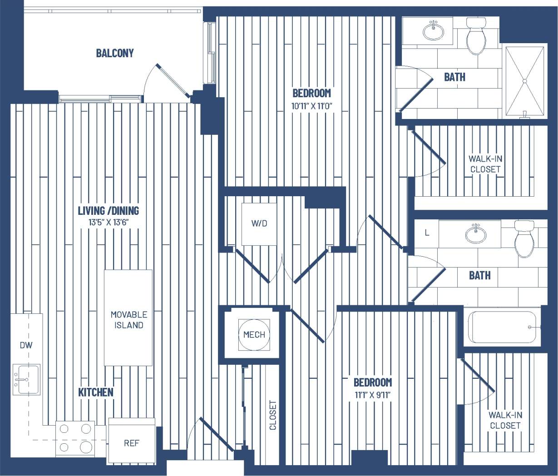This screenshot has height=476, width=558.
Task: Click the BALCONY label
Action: click(x=115, y=53)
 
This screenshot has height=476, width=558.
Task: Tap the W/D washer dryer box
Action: click(x=259, y=223)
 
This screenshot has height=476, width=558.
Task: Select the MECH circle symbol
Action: click(x=254, y=335)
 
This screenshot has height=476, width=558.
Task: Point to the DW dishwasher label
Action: click(x=26, y=345)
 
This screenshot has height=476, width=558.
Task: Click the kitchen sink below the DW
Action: click(x=26, y=379)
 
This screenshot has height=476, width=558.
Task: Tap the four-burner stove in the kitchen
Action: click(x=75, y=439)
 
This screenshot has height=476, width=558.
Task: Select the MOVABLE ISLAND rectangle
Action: click(x=128, y=318)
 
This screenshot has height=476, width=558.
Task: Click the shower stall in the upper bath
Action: click(x=524, y=81)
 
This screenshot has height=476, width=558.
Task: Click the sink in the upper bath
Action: click(x=434, y=31)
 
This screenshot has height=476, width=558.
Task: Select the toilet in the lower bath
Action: click(x=524, y=238)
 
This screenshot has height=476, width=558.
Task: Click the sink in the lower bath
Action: click(x=475, y=234)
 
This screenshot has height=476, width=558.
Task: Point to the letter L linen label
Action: click(x=427, y=233)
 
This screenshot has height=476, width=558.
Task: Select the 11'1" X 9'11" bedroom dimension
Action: click(x=373, y=395)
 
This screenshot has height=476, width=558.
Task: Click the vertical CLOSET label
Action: click(x=273, y=415)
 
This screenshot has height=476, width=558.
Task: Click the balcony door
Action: click(x=173, y=81)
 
